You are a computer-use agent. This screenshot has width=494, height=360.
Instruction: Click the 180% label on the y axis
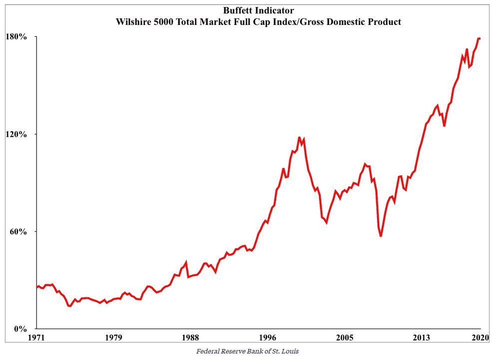[x=17, y=37]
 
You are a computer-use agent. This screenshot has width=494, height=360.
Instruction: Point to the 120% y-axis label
[x=17, y=134]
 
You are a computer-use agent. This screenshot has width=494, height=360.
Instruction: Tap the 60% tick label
[x=19, y=232]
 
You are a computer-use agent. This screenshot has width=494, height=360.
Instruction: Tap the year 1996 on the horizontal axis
[x=268, y=338]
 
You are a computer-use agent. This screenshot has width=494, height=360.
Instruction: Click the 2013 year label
[x=422, y=338]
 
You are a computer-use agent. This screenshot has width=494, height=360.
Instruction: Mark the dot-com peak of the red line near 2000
[x=299, y=137]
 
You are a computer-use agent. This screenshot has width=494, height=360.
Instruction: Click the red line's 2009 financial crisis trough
[x=381, y=236]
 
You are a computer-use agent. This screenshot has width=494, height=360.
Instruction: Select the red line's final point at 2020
[x=480, y=38]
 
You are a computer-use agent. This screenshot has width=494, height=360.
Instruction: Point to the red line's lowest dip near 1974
[x=70, y=306]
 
